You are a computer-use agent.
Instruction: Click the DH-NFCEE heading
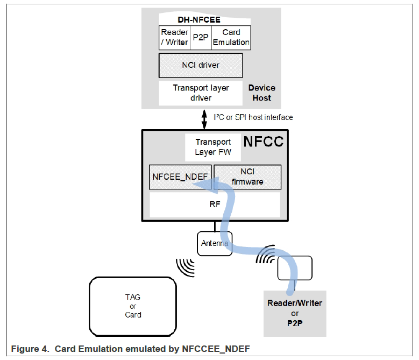[x=199, y=20]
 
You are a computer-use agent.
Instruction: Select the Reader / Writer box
[x=175, y=37]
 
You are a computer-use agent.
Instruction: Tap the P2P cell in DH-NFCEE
[x=200, y=37]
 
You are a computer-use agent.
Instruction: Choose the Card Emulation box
[x=231, y=37]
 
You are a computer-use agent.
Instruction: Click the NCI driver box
[x=201, y=66]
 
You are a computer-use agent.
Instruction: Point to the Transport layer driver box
[x=201, y=93]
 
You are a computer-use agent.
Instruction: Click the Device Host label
[x=261, y=93]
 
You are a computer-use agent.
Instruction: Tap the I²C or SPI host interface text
[x=253, y=117]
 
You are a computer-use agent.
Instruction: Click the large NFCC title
[x=263, y=142]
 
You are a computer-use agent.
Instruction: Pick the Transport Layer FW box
[x=213, y=147]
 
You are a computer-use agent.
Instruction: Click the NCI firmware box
[x=247, y=177]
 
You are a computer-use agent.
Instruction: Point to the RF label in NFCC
[x=215, y=204]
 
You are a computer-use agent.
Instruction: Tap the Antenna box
[x=214, y=244]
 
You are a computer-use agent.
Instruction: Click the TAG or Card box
[x=133, y=306]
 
